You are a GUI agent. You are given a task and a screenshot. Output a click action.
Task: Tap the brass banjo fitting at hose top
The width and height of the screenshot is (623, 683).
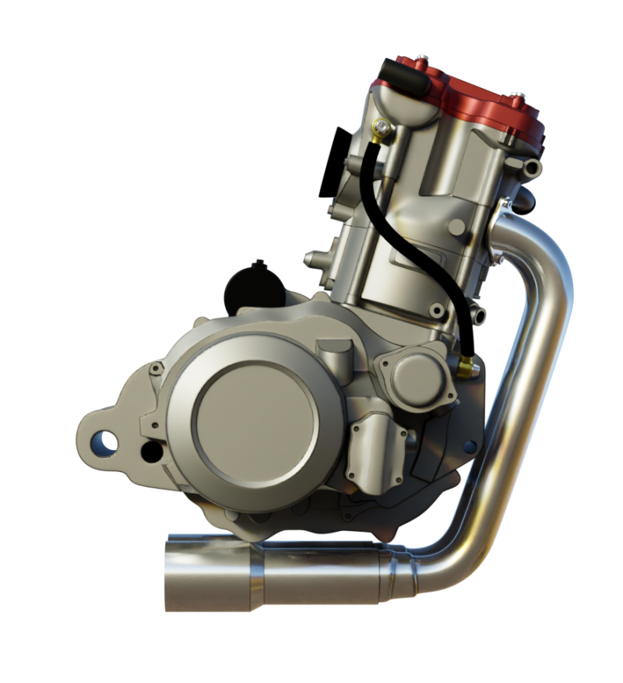380,129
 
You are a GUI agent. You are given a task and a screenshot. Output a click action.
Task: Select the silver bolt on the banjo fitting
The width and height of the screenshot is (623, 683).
381,122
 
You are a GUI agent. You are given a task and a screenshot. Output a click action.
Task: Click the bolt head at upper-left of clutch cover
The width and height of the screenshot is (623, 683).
156,367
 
